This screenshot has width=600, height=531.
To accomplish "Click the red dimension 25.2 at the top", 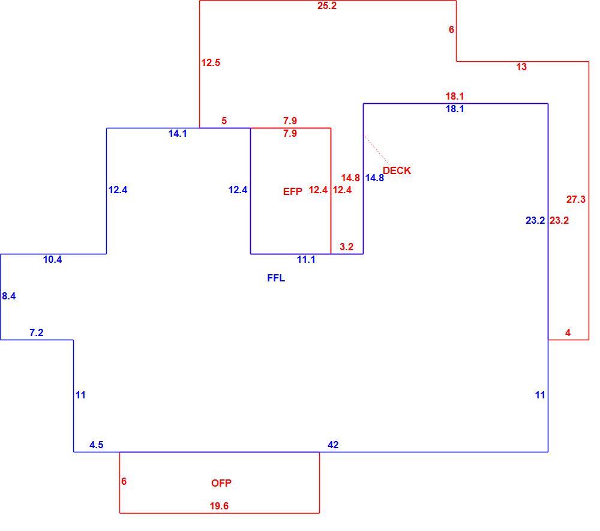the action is point(327,6).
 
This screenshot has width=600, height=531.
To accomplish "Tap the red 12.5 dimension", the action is point(211,62).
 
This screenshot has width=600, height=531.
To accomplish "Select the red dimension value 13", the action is point(521,67).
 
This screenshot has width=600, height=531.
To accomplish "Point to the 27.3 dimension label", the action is point(576,199).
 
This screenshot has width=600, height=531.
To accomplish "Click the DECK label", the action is point(397,170).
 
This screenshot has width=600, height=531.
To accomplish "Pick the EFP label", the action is point(293,191).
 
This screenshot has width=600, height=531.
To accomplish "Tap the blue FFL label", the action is point(276,278).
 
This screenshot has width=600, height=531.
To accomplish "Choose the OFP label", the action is point(221,483).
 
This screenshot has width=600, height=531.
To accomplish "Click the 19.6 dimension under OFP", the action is point(219,506).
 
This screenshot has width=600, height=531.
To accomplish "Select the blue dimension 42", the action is point(333,445).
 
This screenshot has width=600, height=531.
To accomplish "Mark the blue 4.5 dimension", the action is point(97,445).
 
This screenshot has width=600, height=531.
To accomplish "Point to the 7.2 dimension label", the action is point(37,333).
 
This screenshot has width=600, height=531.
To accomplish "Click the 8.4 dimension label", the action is point(9,296).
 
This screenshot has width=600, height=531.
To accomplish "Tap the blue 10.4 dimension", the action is point(52,260).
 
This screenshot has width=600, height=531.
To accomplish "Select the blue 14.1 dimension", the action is point(178,134).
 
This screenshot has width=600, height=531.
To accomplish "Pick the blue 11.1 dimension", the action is point(306,260).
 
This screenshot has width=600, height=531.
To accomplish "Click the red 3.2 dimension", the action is point(346,247).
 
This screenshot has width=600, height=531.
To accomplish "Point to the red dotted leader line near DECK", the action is point(377,149).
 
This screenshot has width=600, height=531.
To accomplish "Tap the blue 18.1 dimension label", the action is point(455,109).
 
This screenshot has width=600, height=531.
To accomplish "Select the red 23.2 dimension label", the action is point(559,221).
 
